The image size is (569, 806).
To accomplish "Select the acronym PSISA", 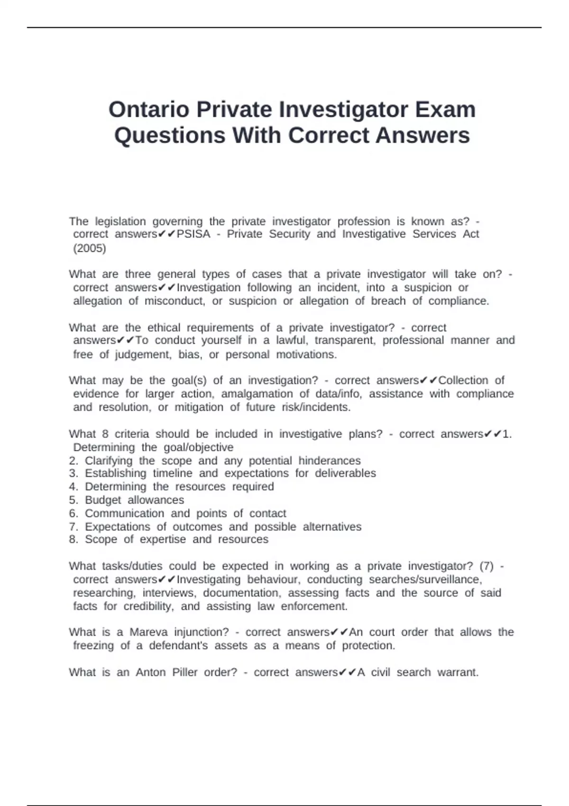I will click(x=193, y=234).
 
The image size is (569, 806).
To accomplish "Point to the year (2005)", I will click(x=90, y=248).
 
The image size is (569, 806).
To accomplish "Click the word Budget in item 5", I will click(x=103, y=500).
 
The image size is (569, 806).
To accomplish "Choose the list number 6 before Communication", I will click(x=73, y=513).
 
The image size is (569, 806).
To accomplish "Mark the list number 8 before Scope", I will click(x=73, y=540).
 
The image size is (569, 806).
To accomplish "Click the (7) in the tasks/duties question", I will click(x=486, y=566).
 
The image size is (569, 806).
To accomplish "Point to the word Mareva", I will click(x=148, y=632).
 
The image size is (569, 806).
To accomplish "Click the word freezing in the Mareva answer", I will click(x=93, y=646).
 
